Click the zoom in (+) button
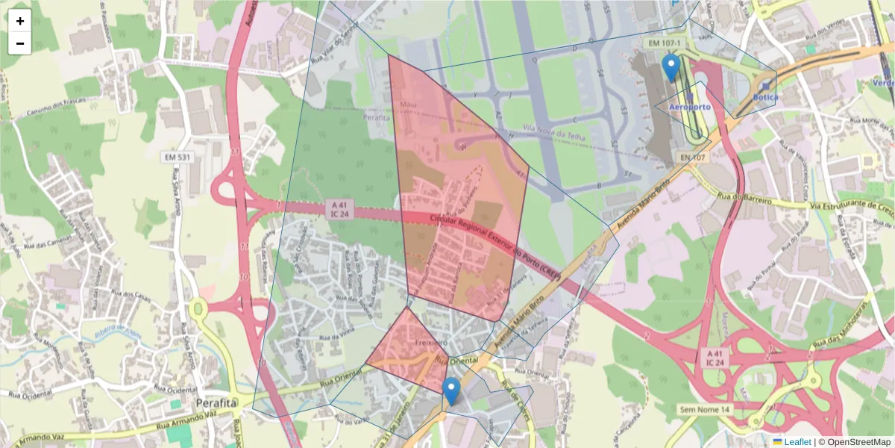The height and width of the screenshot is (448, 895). pos(20,21)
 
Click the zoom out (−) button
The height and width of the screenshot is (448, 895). pos(20,43)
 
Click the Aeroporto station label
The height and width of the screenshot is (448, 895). pos(690,107)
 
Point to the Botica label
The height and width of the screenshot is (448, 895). pos(765,97)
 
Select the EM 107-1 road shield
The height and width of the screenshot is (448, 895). pos(665,43)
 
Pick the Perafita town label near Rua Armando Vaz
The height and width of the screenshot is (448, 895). pos(216,403)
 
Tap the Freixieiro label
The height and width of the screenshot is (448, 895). pos(431,342)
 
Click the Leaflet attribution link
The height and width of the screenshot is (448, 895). pos(797,442)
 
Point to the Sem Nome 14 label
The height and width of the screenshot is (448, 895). pos(704,410)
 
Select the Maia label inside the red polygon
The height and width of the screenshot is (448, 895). pos(408,104)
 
